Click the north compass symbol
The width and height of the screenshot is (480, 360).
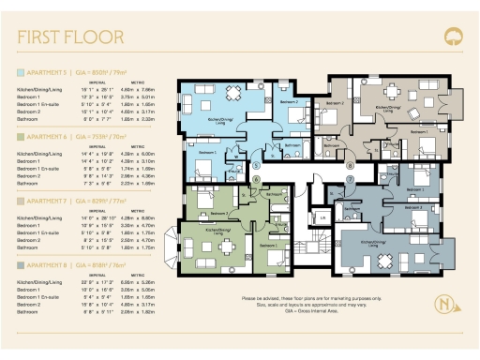pyautogui.click(x=440, y=306)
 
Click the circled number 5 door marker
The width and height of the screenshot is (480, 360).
pyautogui.click(x=256, y=166)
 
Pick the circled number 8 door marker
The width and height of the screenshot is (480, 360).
pyautogui.click(x=349, y=166)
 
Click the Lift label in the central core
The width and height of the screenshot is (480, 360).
pyautogui.click(x=322, y=217)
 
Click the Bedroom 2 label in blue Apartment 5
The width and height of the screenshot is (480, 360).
pyautogui.click(x=290, y=101)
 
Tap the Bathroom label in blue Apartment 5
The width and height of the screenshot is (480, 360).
pyautogui.click(x=292, y=146)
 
